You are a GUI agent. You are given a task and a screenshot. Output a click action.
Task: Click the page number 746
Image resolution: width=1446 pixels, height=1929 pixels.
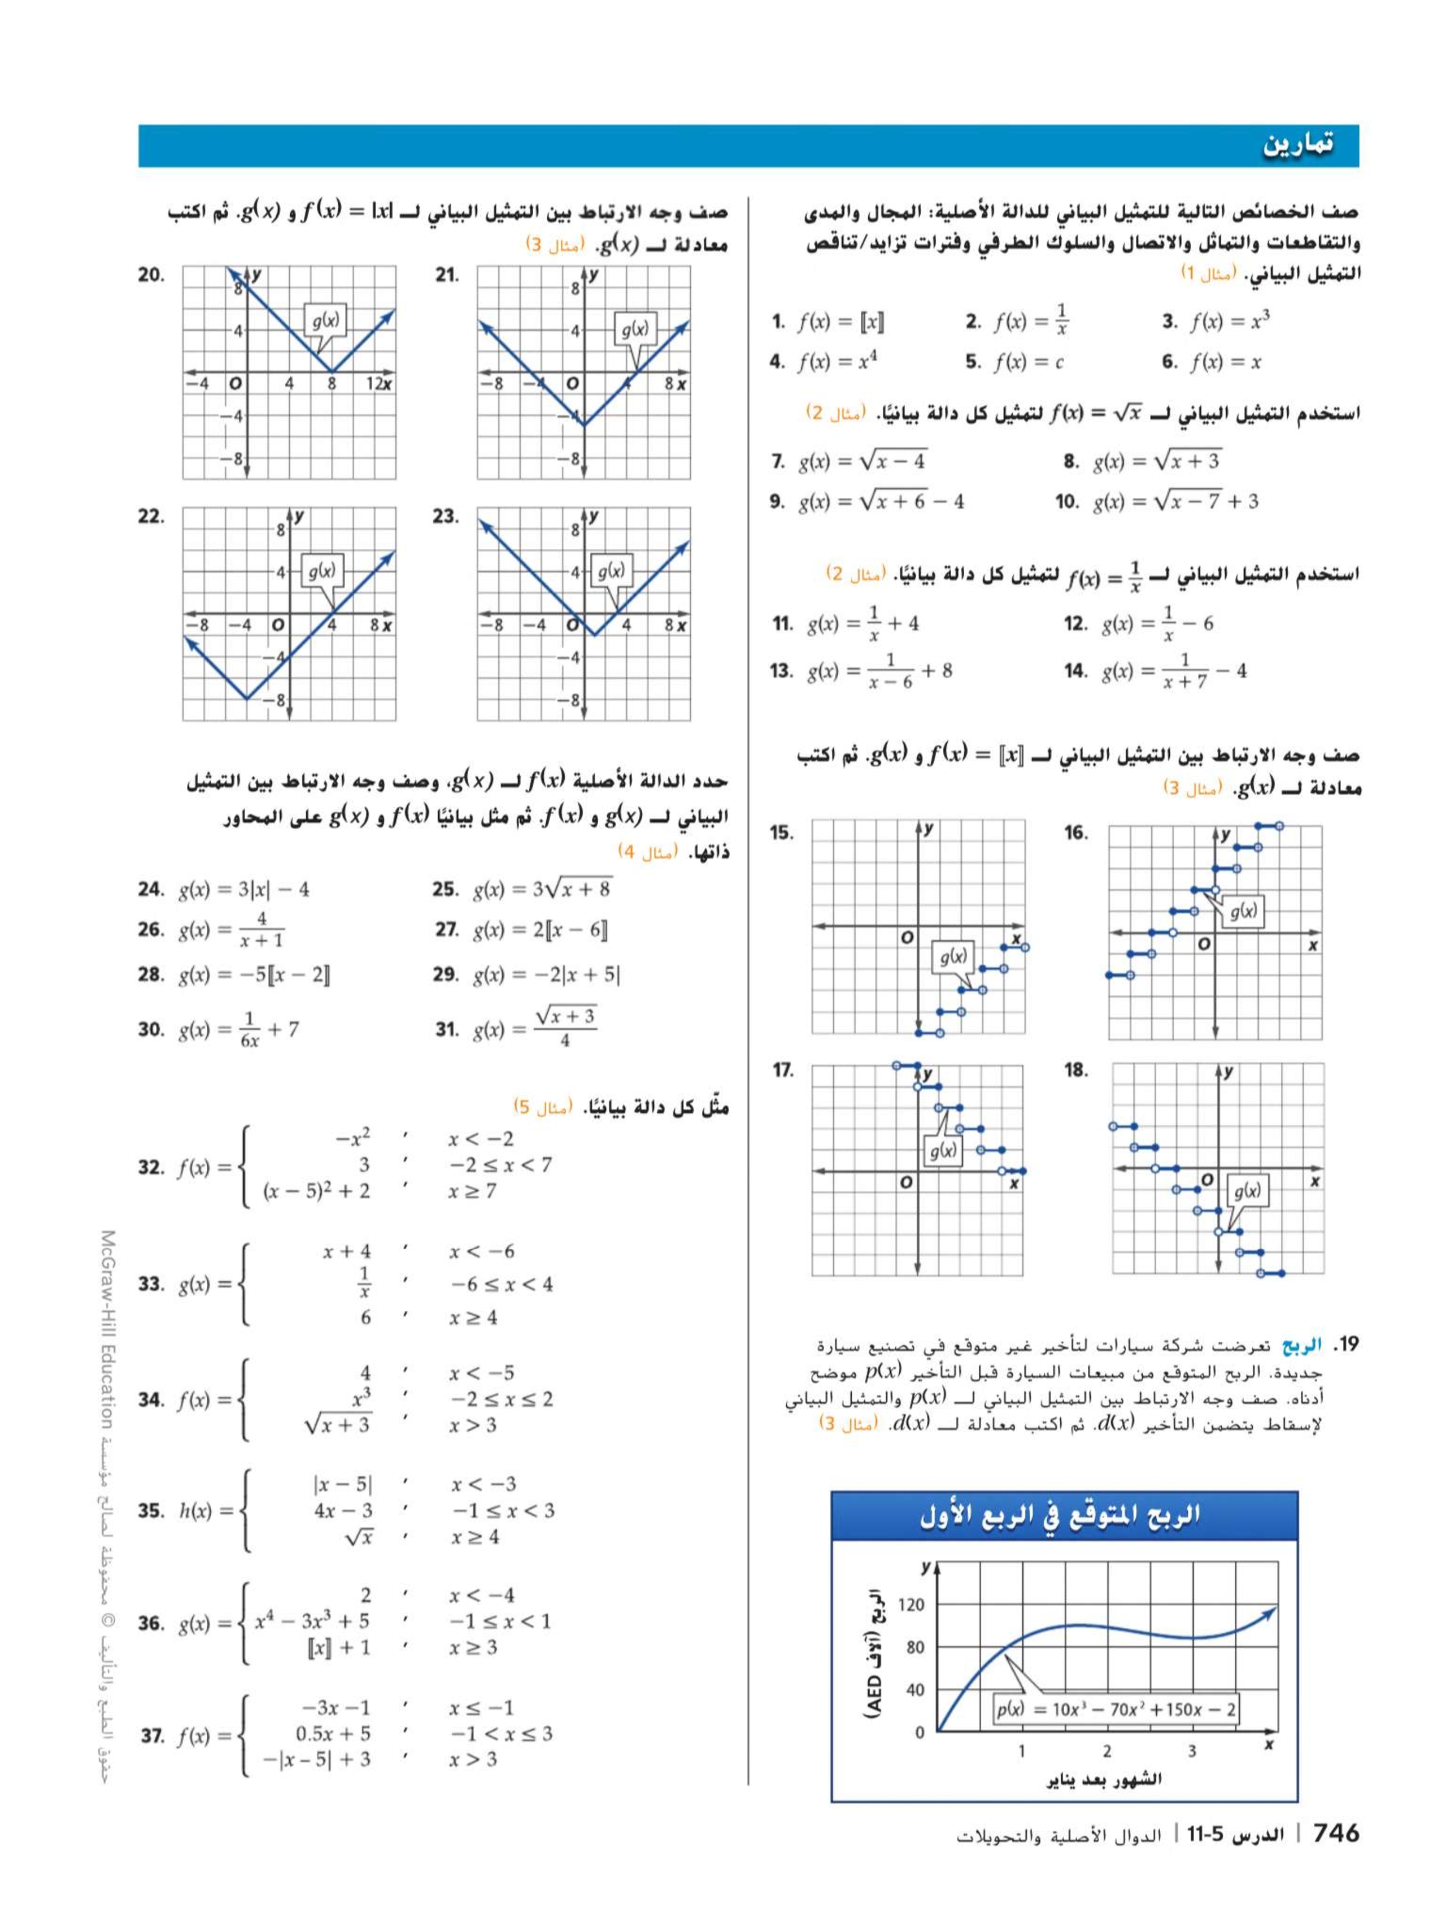click(x=1335, y=1833)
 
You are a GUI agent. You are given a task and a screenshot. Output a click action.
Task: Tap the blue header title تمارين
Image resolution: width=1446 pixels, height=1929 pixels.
click(x=1299, y=145)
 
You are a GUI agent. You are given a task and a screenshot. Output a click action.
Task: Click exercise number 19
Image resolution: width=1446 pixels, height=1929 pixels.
click(x=1348, y=1345)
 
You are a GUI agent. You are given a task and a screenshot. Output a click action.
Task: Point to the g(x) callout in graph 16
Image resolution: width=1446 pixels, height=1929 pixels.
click(x=1243, y=911)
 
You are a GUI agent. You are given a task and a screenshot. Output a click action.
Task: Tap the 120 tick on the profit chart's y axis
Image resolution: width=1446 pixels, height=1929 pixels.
click(x=911, y=1605)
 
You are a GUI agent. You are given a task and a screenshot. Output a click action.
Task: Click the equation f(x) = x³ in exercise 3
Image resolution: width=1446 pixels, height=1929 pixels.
click(x=1230, y=322)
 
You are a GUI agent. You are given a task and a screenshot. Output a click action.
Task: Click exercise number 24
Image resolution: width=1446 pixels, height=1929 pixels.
click(x=151, y=890)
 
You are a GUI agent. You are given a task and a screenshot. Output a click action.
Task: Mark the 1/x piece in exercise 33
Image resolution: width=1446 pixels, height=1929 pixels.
click(x=364, y=1283)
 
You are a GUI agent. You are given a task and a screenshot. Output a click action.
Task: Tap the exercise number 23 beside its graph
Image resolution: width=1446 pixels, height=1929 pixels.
click(x=446, y=516)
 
